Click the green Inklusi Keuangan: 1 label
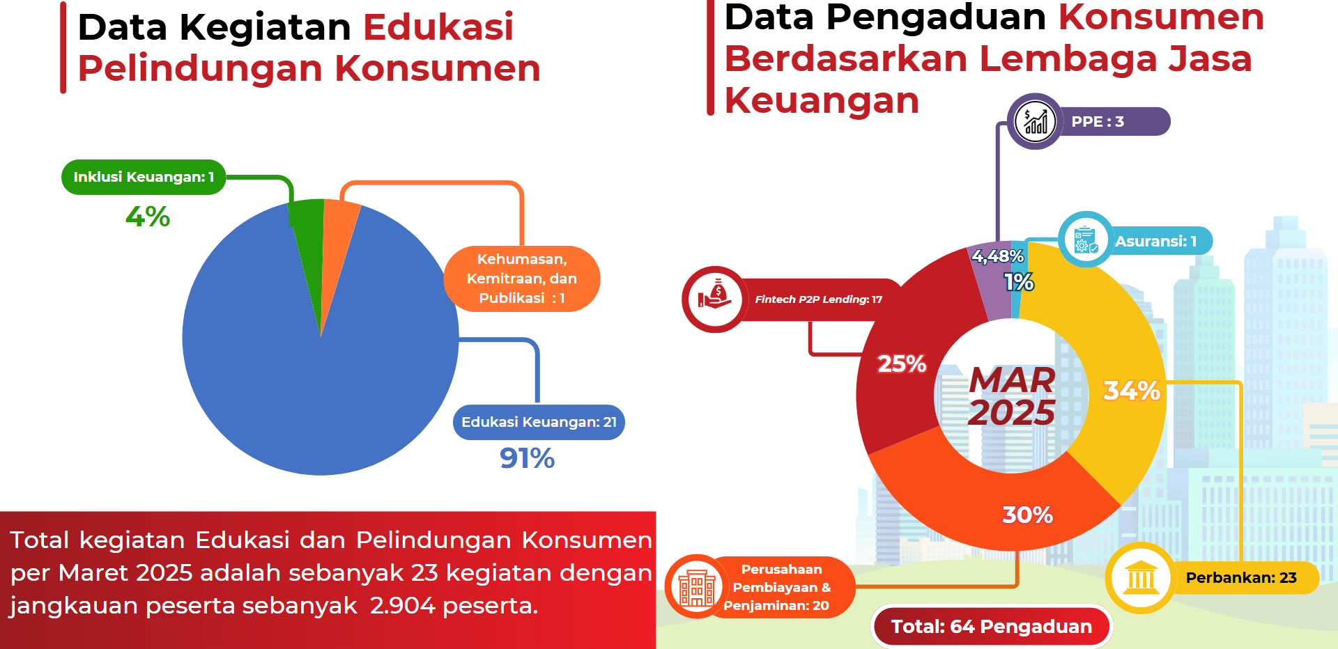pos(144,177)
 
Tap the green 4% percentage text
pos(148,217)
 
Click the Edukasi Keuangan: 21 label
pos(539,422)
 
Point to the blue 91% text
pos(527,458)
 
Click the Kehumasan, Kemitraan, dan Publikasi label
pos(522,279)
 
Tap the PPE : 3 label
pos(1098,121)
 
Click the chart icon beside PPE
pos(1036,121)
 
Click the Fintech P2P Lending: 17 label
pos(819,299)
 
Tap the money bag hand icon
pos(715,299)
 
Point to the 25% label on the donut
pos(902,363)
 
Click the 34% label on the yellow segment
pos(1132,390)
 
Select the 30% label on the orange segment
pos(1027,515)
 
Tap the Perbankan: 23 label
pos(1241,577)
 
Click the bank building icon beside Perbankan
pos(1141,577)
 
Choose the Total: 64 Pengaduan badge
pos(992,626)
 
